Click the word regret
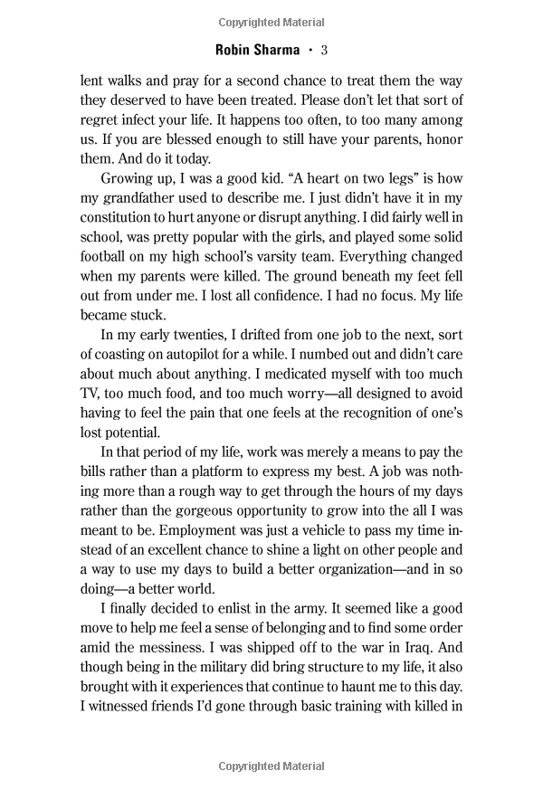100,119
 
